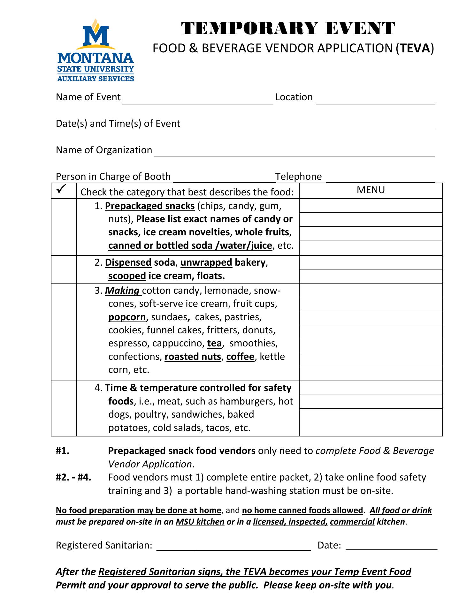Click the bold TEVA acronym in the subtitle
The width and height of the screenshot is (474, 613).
click(415, 48)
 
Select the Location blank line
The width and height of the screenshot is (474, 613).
click(375, 100)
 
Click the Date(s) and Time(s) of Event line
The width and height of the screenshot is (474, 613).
click(309, 125)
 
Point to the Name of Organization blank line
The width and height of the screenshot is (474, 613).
click(294, 152)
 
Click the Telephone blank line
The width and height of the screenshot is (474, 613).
click(380, 179)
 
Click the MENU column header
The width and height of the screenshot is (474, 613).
click(371, 190)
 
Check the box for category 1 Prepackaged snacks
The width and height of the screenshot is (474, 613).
click(64, 227)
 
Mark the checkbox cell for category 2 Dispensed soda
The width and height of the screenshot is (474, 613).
click(64, 269)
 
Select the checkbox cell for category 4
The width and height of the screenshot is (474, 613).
click(64, 408)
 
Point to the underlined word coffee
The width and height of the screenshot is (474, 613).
click(240, 357)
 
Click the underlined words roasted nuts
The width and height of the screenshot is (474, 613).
click(193, 357)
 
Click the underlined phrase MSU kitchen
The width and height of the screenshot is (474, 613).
click(200, 522)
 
